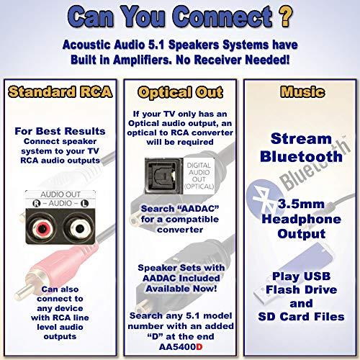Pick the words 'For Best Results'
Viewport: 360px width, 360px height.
pos(58,132)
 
